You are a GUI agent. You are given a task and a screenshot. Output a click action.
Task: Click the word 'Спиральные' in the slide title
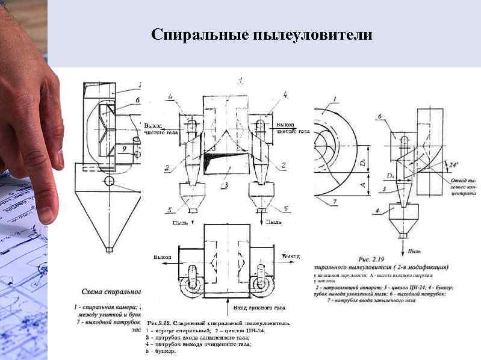click(192, 34)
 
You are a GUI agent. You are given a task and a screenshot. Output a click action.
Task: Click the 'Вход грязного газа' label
click(258, 308)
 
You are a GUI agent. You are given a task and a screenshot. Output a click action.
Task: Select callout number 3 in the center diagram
click(225, 185)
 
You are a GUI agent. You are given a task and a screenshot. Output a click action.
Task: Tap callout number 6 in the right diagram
click(379, 116)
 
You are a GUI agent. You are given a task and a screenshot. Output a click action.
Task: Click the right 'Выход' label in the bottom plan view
click(291, 256)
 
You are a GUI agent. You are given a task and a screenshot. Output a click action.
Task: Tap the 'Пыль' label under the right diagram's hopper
click(414, 250)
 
